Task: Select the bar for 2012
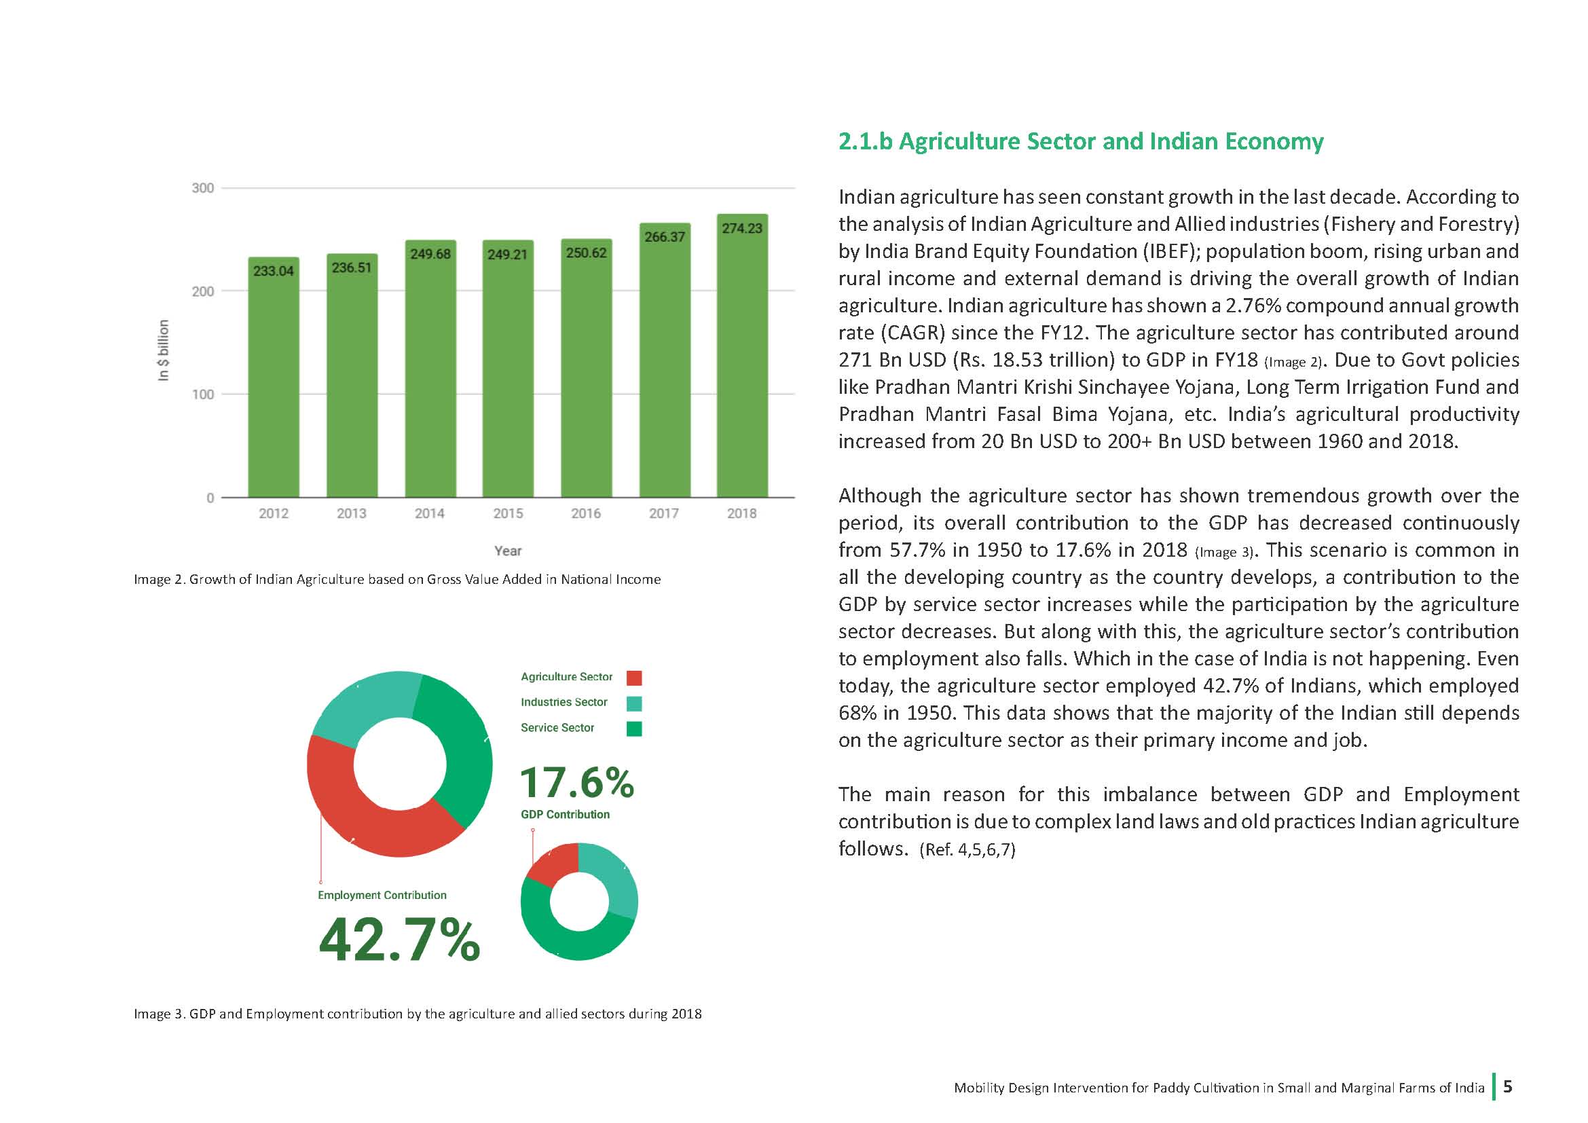tap(274, 377)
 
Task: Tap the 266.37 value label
tap(665, 236)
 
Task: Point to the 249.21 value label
tap(508, 255)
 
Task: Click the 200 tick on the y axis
tap(202, 291)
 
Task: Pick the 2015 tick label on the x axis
tap(508, 514)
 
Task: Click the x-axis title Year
tap(508, 551)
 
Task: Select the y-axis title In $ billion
tap(163, 350)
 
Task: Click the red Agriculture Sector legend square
tap(633, 678)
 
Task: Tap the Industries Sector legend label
tap(564, 702)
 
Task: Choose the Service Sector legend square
tap(633, 729)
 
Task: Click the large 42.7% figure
tap(399, 940)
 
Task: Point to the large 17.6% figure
tap(577, 783)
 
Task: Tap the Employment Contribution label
tap(382, 895)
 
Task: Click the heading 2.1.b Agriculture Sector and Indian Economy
tap(1081, 142)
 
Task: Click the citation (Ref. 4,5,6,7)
tap(967, 850)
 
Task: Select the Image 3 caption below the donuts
tap(418, 1014)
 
